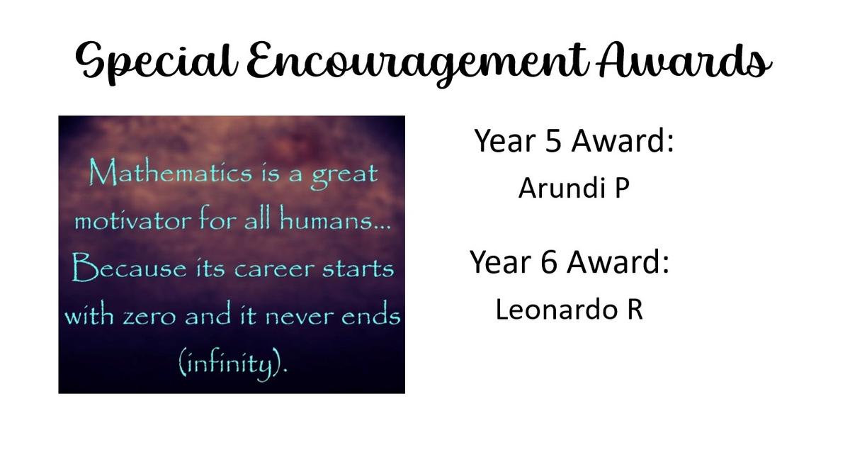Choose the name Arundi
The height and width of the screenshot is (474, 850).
[562, 188]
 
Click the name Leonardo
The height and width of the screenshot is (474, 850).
[557, 310]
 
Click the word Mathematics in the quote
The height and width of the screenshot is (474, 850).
[171, 174]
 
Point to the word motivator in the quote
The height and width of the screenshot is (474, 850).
[133, 221]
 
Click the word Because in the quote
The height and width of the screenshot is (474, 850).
[130, 268]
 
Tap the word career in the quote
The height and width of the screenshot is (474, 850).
[274, 269]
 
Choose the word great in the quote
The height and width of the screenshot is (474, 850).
[344, 176]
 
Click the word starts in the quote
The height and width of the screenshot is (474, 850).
[358, 269]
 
